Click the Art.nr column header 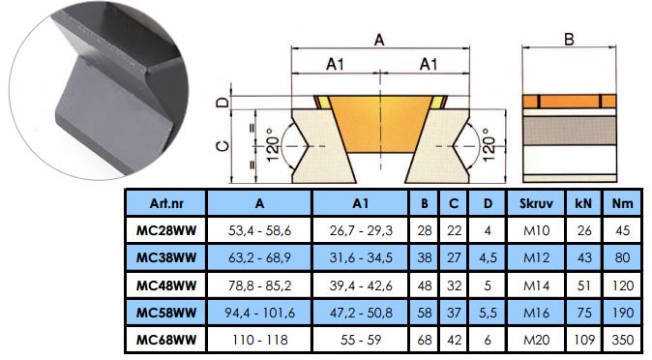click(x=166, y=203)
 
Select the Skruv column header click(x=536, y=203)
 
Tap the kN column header click(x=583, y=203)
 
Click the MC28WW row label click(x=166, y=230)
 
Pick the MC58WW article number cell click(x=166, y=313)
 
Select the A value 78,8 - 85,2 click(x=260, y=285)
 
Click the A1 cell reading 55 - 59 click(x=361, y=340)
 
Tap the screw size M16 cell click(x=537, y=313)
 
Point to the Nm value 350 click(x=622, y=340)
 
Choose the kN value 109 click(x=584, y=340)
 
